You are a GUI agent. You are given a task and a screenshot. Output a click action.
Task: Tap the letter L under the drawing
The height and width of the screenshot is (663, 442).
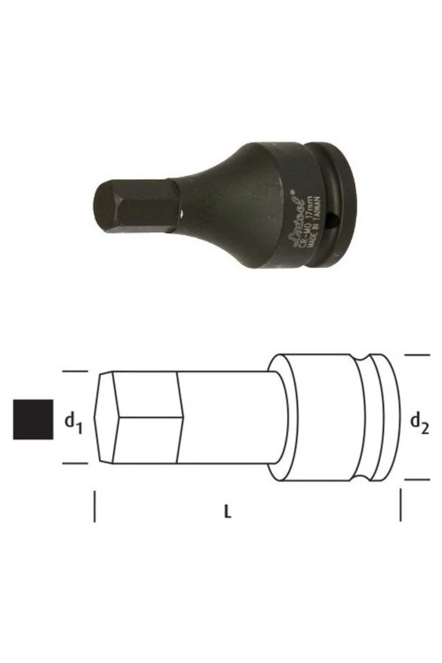coord(228,512)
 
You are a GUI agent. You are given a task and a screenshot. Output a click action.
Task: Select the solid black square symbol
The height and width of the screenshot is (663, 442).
coord(33,419)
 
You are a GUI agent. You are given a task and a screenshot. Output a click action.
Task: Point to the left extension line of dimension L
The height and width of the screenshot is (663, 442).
coord(95,506)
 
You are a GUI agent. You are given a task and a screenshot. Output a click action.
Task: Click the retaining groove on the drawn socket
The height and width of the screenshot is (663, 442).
coord(365,417)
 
